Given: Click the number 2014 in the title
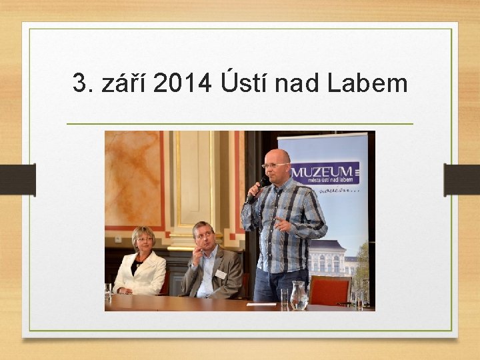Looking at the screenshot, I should (181, 84).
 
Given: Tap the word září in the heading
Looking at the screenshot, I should (125, 84).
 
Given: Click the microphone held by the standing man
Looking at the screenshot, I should (257, 189).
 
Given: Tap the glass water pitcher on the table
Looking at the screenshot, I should (299, 295).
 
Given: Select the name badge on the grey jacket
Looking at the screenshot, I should (220, 274).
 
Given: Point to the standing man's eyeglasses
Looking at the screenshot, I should (275, 165).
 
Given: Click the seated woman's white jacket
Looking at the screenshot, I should (141, 273).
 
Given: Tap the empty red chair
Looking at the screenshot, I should (329, 290).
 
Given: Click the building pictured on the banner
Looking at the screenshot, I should (333, 257).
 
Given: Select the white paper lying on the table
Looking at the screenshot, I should (261, 305).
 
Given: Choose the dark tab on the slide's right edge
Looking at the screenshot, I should (462, 180).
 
